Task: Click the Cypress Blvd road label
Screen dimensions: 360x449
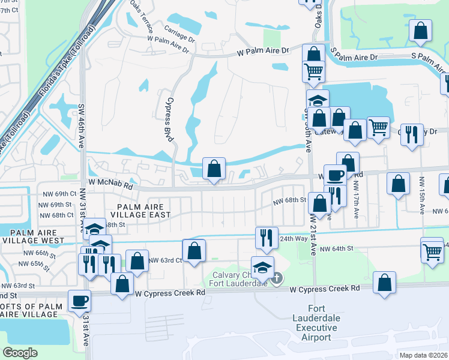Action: click(170, 119)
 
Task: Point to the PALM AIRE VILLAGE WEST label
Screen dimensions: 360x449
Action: click(32, 236)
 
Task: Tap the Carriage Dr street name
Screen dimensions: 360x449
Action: click(179, 31)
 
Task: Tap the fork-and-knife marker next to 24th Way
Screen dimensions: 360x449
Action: click(266, 238)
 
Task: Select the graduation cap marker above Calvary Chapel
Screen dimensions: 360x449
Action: click(262, 267)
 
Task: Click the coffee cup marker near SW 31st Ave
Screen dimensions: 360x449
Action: click(79, 300)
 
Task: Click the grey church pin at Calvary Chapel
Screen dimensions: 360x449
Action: click(276, 278)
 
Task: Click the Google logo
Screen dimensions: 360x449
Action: click(20, 353)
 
